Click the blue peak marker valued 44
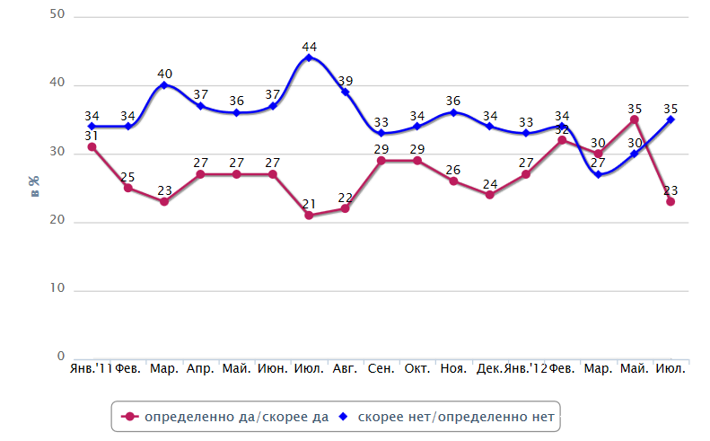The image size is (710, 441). pyautogui.click(x=309, y=57)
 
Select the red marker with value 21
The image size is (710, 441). pyautogui.click(x=309, y=216)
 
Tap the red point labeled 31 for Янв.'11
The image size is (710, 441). pyautogui.click(x=92, y=146)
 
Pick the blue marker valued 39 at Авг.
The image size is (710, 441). pyautogui.click(x=345, y=92)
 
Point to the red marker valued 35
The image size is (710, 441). pyautogui.click(x=634, y=119)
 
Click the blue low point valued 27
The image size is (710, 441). pyautogui.click(x=598, y=174)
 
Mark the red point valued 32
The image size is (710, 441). pyautogui.click(x=562, y=140)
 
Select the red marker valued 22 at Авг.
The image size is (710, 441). pyautogui.click(x=345, y=208)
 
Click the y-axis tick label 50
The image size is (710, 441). pyautogui.click(x=57, y=16)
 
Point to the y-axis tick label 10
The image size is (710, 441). pyautogui.click(x=57, y=289)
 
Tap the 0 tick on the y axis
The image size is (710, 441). pyautogui.click(x=61, y=357)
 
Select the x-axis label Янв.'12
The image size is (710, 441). pyautogui.click(x=525, y=369)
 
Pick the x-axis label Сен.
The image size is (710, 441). pyautogui.click(x=381, y=369)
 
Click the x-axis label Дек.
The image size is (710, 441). pyautogui.click(x=489, y=369)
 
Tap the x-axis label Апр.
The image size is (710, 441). pyautogui.click(x=200, y=369)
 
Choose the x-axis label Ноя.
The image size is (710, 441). pyautogui.click(x=453, y=369)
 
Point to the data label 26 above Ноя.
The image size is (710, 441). pyautogui.click(x=453, y=169)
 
